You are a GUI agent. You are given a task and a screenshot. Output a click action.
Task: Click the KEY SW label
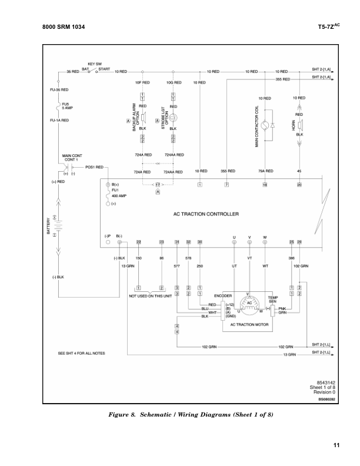click(x=95, y=63)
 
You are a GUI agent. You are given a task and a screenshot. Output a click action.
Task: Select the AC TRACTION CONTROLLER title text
click(x=205, y=214)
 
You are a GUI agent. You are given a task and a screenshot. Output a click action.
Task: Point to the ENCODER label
click(x=223, y=295)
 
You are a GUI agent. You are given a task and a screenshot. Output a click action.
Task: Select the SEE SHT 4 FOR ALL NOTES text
click(x=81, y=354)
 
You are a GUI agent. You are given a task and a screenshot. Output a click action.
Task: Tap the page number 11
click(x=336, y=444)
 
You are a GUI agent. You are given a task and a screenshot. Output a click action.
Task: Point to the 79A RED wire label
click(x=264, y=171)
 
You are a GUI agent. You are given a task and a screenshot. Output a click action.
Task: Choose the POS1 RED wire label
click(x=94, y=167)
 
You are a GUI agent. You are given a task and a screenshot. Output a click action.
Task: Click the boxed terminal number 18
click(x=265, y=185)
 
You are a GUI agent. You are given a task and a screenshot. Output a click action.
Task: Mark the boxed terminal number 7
click(x=226, y=185)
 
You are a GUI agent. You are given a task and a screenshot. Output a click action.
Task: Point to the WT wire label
click(x=265, y=266)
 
